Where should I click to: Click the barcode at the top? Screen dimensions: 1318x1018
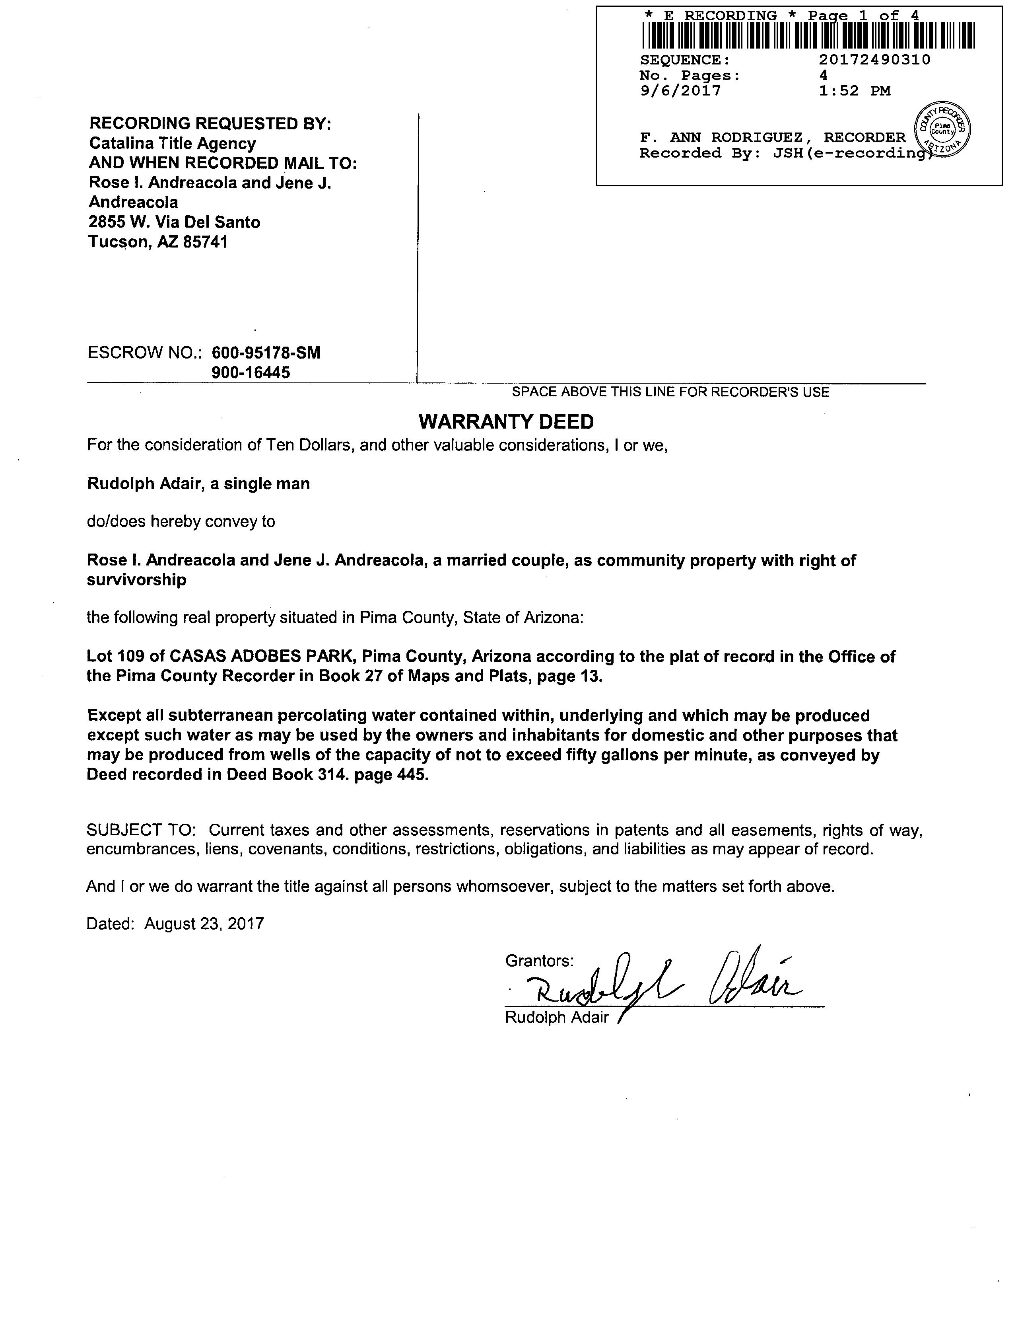pyautogui.click(x=808, y=35)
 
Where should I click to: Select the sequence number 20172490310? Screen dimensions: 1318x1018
pyautogui.click(x=874, y=60)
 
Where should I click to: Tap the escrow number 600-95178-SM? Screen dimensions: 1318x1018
pyautogui.click(x=266, y=353)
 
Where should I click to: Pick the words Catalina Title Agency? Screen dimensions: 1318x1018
pyautogui.click(x=173, y=143)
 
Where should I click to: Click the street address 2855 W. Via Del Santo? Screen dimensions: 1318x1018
pyautogui.click(x=174, y=222)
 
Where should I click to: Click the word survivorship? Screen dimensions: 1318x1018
pyautogui.click(x=136, y=580)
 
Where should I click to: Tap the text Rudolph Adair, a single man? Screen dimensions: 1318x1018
pyautogui.click(x=198, y=484)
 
